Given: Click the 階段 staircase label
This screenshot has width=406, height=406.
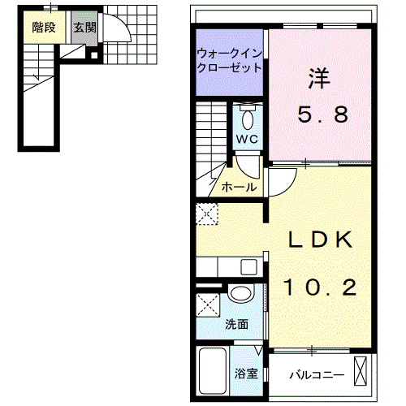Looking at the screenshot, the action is pos(44,28).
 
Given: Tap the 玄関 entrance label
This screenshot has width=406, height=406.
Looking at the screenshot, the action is pos(85,28).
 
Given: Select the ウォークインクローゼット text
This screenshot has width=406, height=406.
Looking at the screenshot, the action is pos(230,61).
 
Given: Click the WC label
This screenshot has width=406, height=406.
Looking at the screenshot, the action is pos(247,139).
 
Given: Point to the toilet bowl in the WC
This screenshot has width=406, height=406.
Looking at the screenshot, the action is pos(248,120).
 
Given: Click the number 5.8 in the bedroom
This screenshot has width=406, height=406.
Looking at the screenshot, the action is pos(322,114).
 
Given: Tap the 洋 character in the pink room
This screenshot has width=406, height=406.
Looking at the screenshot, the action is pos(319,79).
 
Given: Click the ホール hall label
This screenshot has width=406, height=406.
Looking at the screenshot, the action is pos(239,187).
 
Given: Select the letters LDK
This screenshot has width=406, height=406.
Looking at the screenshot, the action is pos(321,240).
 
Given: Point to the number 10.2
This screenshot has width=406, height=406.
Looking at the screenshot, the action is pos(321,287).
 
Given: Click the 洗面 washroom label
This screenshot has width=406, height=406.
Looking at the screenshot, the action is pos(237,324).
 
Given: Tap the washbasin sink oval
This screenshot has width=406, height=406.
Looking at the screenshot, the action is pos(240,293).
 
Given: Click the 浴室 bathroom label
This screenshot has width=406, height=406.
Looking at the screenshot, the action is pos(246,374).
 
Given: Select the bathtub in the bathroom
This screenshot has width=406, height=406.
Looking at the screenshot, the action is pos(213,372).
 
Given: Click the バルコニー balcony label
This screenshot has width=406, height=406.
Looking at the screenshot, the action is pos(317,375).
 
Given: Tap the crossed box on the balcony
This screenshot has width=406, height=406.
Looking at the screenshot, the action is pos(361,371).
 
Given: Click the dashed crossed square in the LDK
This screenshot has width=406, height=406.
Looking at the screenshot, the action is pos(207,214).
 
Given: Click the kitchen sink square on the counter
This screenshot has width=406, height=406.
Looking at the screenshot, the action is pos(248,267).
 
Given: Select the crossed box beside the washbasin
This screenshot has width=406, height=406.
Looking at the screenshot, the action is pos(208,305).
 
